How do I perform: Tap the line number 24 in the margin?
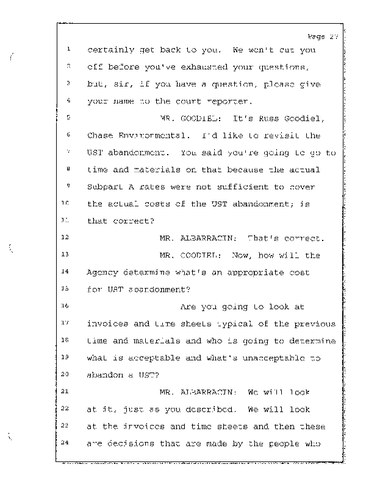[69, 443]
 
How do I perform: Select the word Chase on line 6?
[100, 135]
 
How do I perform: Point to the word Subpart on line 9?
[106, 187]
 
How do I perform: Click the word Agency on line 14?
[103, 272]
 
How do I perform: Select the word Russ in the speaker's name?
[235, 118]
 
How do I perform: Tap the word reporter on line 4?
[215, 101]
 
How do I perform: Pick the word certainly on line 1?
[111, 50]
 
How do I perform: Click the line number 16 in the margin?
[68, 306]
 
